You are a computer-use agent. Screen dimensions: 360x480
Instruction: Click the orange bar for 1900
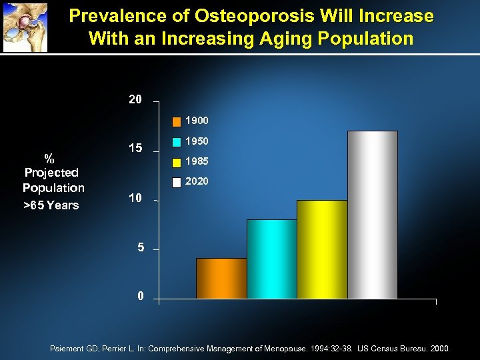[221, 278]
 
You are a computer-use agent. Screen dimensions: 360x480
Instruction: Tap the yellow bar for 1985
[322, 249]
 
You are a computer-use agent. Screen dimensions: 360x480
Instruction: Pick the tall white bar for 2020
[373, 215]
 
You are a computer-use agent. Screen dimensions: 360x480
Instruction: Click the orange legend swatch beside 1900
[176, 121]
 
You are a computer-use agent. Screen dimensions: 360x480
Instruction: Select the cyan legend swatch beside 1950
[176, 141]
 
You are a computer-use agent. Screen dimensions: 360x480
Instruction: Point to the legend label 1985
[197, 161]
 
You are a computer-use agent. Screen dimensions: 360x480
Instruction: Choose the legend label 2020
[197, 181]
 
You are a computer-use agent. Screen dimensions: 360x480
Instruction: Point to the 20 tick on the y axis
[135, 100]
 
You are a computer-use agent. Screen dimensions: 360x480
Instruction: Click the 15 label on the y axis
[135, 149]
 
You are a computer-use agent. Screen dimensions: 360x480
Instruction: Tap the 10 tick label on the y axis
[135, 198]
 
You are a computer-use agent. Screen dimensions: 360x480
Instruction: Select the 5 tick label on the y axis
[140, 247]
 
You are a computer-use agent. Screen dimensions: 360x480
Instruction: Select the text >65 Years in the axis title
[51, 205]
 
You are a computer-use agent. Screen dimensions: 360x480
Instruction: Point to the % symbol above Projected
[49, 158]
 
